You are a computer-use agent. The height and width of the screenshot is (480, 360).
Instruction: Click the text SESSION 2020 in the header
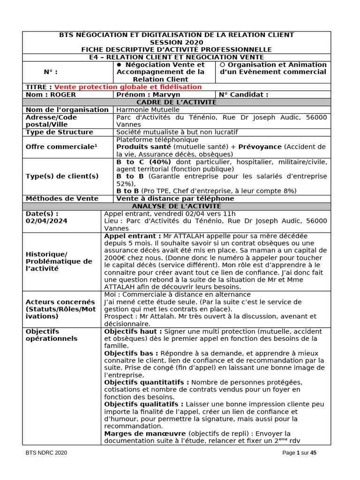pyautogui.click(x=176, y=42)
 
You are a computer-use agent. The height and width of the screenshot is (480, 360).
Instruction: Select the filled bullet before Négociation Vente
pyautogui.click(x=119, y=65)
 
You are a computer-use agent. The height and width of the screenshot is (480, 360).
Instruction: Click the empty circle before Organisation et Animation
pyautogui.click(x=222, y=65)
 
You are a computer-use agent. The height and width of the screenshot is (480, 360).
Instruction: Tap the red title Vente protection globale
pyautogui.click(x=128, y=87)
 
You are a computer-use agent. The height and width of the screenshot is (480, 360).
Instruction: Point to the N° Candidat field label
pyautogui.click(x=243, y=94)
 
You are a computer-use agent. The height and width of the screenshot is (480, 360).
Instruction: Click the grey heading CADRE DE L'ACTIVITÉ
pyautogui.click(x=176, y=102)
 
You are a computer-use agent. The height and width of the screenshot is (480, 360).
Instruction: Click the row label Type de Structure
pyautogui.click(x=60, y=132)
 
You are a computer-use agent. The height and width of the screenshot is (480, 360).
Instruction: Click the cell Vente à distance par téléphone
pyautogui.click(x=175, y=198)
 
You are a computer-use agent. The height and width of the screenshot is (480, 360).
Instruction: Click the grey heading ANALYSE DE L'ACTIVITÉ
pyautogui.click(x=176, y=206)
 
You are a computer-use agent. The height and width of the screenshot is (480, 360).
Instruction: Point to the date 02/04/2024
pyautogui.click(x=46, y=221)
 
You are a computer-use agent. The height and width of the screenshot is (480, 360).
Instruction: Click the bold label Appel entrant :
pyautogui.click(x=133, y=236)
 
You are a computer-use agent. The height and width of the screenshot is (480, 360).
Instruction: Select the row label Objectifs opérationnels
pyautogui.click(x=52, y=335)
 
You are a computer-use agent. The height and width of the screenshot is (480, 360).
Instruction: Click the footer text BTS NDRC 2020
pyautogui.click(x=46, y=453)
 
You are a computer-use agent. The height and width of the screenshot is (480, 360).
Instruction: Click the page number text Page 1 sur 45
pyautogui.click(x=300, y=453)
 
